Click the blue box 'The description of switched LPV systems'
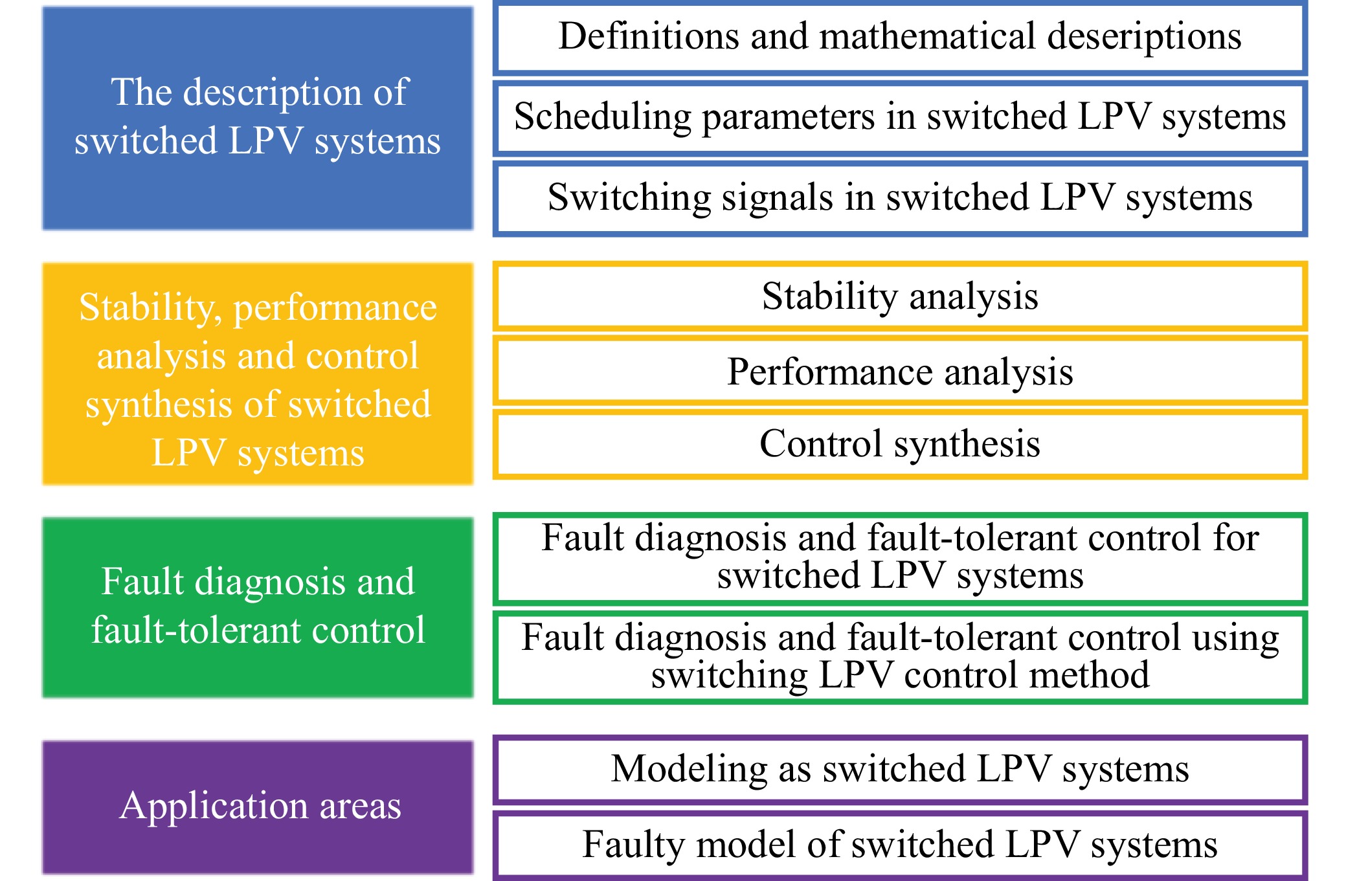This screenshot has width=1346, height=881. (258, 118)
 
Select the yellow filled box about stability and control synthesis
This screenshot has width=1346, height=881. (258, 374)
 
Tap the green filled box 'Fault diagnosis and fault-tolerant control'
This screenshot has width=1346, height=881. (258, 607)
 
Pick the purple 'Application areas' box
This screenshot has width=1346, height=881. (258, 807)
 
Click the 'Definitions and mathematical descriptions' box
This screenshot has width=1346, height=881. (900, 38)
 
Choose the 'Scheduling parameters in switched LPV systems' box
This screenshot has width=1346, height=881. (900, 118)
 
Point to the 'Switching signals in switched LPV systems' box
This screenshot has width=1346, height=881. (900, 198)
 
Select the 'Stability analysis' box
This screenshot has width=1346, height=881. (900, 296)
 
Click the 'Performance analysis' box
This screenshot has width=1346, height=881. (900, 372)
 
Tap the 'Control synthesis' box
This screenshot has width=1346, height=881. (900, 444)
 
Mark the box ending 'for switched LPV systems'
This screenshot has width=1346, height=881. (900, 558)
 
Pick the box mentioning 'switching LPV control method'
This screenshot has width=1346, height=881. (900, 656)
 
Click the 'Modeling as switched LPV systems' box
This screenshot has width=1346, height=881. (900, 769)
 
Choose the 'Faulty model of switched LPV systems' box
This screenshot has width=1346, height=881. (900, 845)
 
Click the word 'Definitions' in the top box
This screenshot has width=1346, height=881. (648, 36)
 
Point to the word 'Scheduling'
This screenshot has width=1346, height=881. (603, 117)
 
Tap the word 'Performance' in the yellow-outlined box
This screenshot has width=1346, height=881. (829, 372)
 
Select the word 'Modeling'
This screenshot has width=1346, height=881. (689, 769)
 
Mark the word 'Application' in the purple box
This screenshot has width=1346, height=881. (213, 807)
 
